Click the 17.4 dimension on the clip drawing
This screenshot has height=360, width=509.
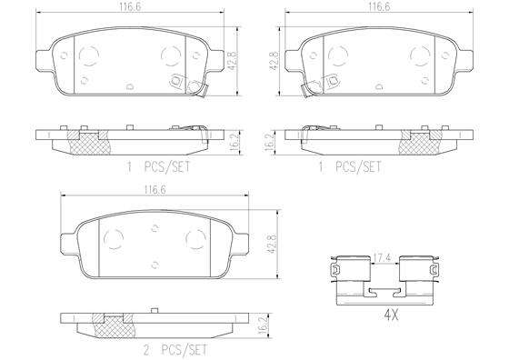coord(384,258)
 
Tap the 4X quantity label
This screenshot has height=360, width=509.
coord(391,315)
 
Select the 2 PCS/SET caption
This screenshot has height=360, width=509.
coord(175,350)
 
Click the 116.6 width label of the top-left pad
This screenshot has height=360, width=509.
coord(129,7)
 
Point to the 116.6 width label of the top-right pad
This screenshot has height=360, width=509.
coord(379,6)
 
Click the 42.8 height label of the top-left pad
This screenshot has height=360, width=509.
coord(233,61)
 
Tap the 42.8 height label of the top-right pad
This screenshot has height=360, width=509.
coord(274,60)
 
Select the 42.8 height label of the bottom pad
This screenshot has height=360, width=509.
coord(272,245)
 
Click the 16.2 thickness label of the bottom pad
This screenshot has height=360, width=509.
coord(264,323)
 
